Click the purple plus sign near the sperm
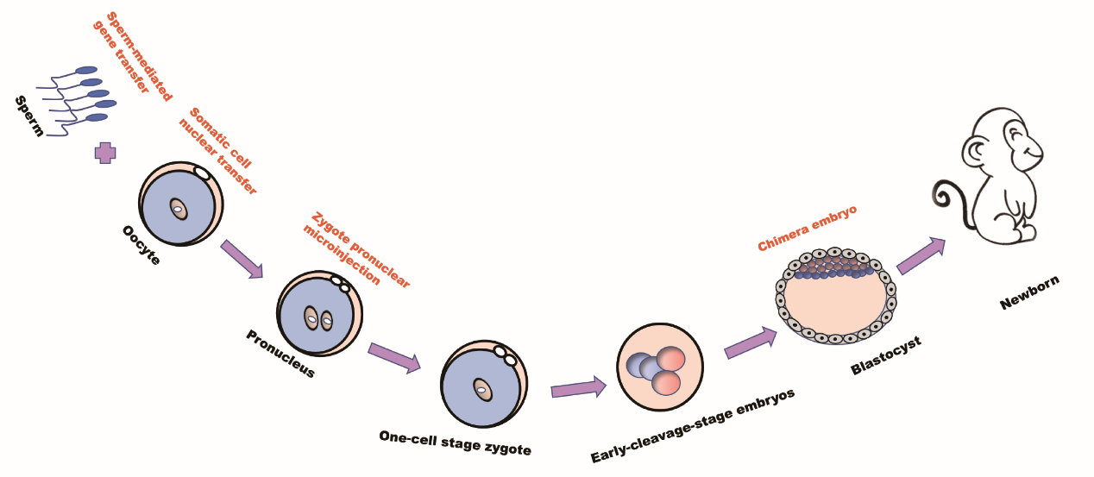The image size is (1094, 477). (x=105, y=154)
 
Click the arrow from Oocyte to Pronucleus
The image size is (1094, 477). (x=242, y=259)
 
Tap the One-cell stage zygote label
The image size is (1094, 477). (x=455, y=441)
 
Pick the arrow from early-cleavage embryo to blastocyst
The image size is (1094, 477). (x=751, y=342)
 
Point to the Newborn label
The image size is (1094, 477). (x=1029, y=292)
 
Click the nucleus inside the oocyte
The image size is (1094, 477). (x=177, y=210)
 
